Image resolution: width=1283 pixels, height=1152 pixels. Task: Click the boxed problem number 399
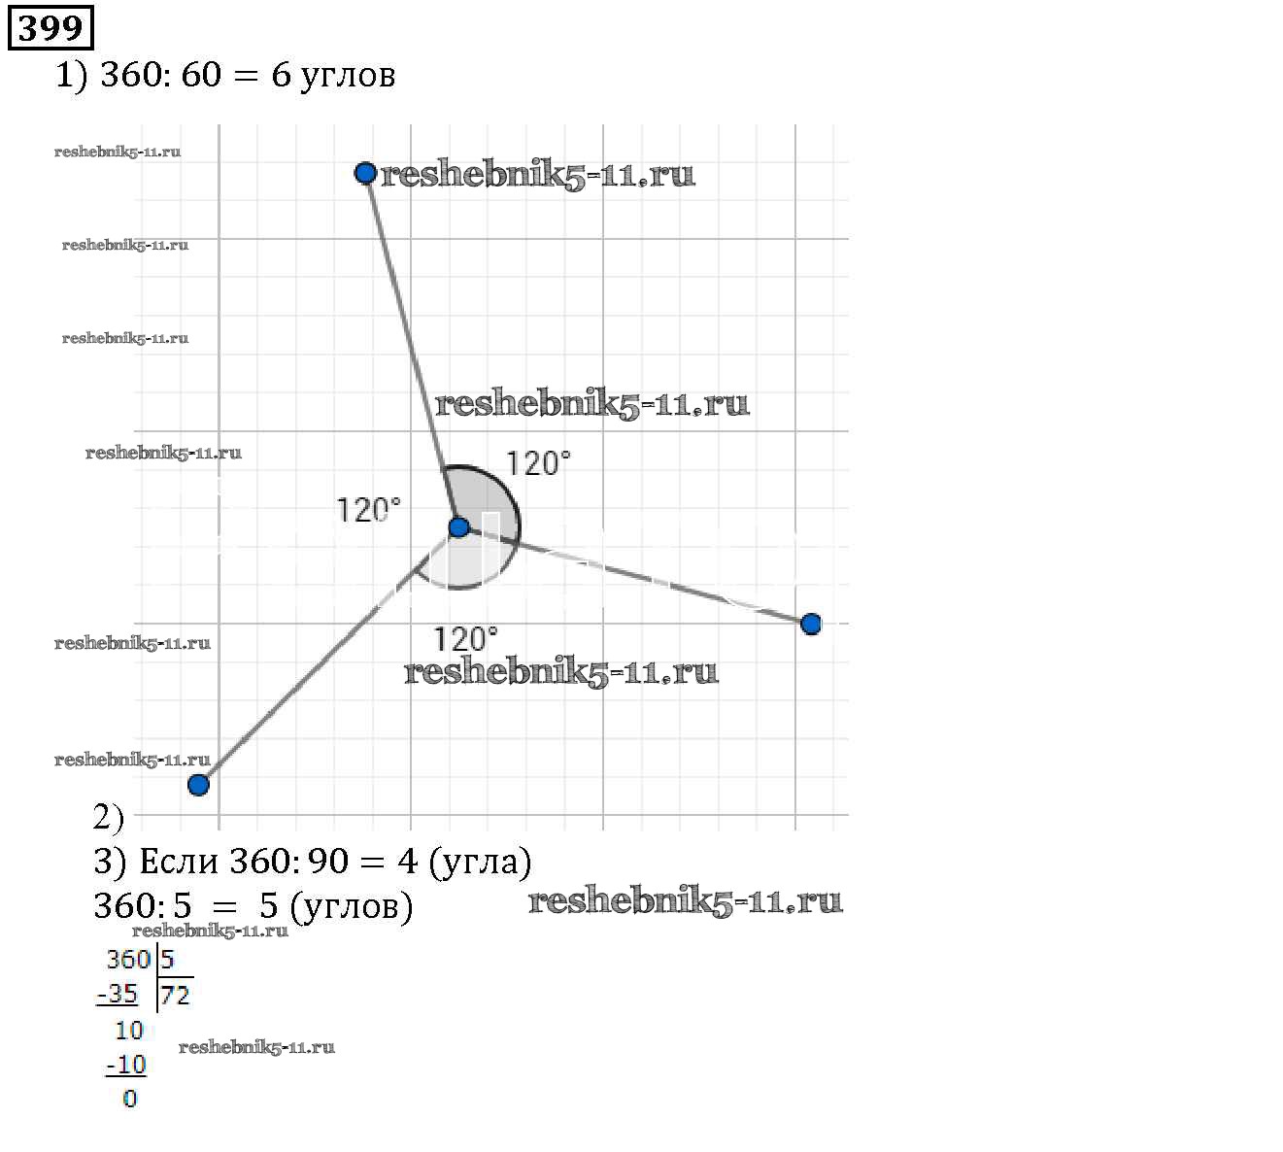pyautogui.click(x=51, y=28)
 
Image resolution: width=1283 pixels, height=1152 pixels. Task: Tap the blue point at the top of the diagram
pyautogui.click(x=365, y=173)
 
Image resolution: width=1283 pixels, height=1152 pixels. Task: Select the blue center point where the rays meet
pyautogui.click(x=458, y=526)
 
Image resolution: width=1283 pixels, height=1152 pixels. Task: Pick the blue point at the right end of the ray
pyautogui.click(x=811, y=624)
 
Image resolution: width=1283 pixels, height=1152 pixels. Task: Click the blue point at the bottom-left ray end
pyautogui.click(x=198, y=785)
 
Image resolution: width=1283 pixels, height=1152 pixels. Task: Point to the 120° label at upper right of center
pyautogui.click(x=538, y=463)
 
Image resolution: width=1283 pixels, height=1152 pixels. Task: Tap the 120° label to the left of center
pyautogui.click(x=368, y=511)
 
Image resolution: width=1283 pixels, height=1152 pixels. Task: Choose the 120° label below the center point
pyautogui.click(x=465, y=639)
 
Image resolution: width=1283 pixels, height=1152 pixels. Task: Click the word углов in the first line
pyautogui.click(x=347, y=76)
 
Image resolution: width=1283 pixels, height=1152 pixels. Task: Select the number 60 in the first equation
pyautogui.click(x=201, y=75)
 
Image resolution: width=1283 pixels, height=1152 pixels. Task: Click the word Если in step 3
pyautogui.click(x=179, y=862)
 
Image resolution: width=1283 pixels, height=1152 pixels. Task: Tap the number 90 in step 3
pyautogui.click(x=327, y=862)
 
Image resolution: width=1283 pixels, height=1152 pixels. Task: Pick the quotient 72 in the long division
pyautogui.click(x=175, y=996)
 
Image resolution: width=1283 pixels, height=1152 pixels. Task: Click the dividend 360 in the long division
pyautogui.click(x=128, y=960)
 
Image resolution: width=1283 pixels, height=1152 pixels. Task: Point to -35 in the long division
pyautogui.click(x=118, y=994)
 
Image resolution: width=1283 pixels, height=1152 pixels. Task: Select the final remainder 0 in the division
pyautogui.click(x=130, y=1099)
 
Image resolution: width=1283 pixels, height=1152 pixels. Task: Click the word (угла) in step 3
pyautogui.click(x=481, y=863)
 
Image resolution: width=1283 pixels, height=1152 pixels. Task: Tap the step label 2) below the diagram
pyautogui.click(x=108, y=817)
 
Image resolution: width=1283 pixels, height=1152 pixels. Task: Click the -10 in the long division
pyautogui.click(x=126, y=1065)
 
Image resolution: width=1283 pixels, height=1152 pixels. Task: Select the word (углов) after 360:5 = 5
pyautogui.click(x=352, y=907)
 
